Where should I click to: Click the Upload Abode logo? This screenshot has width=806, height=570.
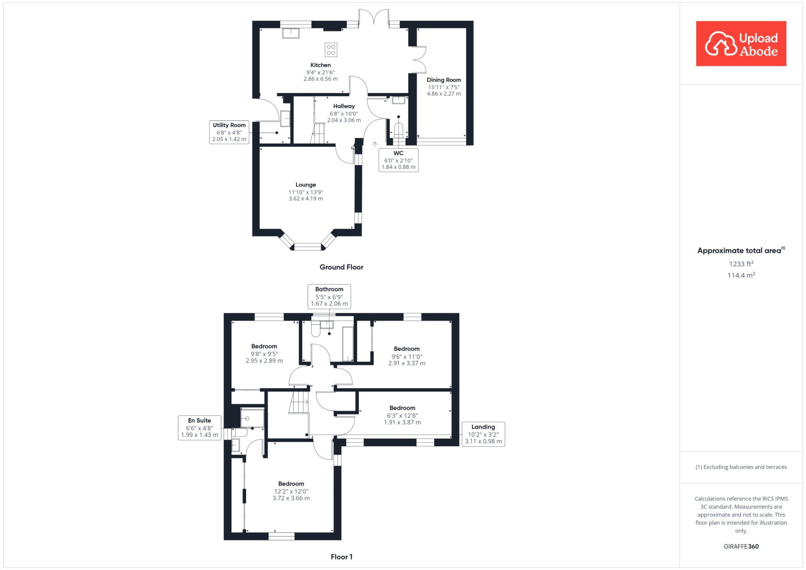click(x=741, y=43)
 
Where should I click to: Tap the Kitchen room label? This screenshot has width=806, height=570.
click(x=321, y=65)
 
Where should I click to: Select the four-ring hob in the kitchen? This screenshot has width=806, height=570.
click(x=331, y=50)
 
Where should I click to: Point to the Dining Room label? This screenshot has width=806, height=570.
click(x=444, y=79)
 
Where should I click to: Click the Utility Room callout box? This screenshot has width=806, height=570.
click(x=229, y=132)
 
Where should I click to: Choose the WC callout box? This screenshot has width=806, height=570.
click(x=398, y=160)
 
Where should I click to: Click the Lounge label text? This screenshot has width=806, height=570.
click(x=306, y=184)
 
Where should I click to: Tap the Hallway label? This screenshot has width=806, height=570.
click(x=344, y=106)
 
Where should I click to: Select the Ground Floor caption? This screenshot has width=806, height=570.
click(x=341, y=267)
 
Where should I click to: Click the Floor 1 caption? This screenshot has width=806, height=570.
click(x=342, y=557)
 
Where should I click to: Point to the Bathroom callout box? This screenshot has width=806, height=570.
click(x=329, y=296)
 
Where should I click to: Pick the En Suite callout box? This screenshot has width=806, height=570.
click(x=200, y=428)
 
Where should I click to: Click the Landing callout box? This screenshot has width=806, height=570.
click(x=483, y=434)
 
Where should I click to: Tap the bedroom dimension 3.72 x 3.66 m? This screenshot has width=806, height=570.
click(x=291, y=498)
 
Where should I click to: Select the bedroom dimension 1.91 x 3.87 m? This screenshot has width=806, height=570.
click(x=403, y=422)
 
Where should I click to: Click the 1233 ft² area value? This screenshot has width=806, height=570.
click(x=741, y=264)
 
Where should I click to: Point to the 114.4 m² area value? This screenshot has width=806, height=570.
click(x=741, y=275)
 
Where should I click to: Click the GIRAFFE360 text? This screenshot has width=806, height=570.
click(x=741, y=546)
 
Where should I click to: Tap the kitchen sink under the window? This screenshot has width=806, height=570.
click(x=291, y=33)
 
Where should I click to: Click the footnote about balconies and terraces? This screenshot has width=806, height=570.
click(x=741, y=467)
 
